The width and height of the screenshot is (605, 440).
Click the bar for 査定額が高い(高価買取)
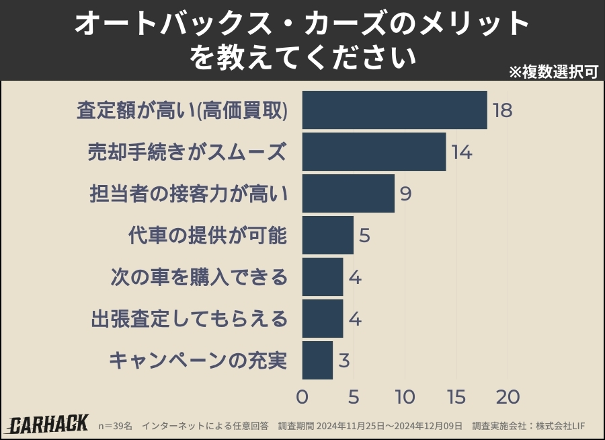click(x=395, y=110)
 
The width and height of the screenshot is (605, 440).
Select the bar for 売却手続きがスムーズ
click(x=374, y=151)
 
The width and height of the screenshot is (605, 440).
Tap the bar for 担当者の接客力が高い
click(x=348, y=193)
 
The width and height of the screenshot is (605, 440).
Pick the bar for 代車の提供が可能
click(x=327, y=235)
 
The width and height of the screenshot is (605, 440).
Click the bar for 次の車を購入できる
click(x=323, y=277)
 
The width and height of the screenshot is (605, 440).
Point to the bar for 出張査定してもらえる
click(x=323, y=318)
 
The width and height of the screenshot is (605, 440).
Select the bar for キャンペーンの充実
click(x=317, y=360)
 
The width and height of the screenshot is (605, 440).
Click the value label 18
click(x=502, y=110)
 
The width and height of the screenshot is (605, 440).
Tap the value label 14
click(x=461, y=152)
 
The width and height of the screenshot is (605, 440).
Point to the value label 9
click(x=405, y=194)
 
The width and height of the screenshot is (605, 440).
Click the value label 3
click(x=344, y=361)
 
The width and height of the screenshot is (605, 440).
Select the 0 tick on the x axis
click(x=302, y=397)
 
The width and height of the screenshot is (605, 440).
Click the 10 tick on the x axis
click(x=405, y=397)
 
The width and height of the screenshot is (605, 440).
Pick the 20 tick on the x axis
click(x=508, y=397)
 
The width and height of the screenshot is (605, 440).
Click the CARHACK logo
click(x=48, y=424)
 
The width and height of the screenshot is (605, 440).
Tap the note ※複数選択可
click(x=553, y=72)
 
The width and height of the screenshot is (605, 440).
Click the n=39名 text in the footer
click(x=115, y=426)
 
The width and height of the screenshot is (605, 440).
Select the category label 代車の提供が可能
click(x=208, y=235)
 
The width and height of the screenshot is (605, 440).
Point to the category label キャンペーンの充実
click(x=198, y=361)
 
